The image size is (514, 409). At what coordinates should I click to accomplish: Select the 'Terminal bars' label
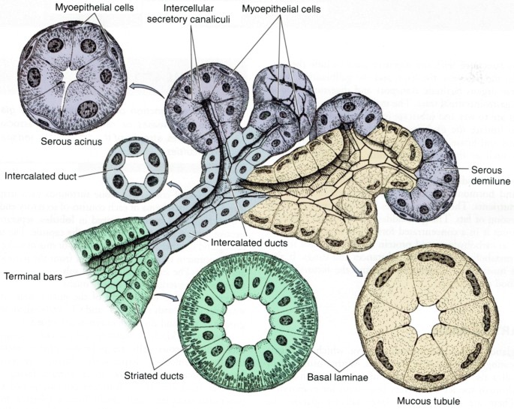point(36,275)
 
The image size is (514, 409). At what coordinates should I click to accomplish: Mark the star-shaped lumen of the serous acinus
point(73,76)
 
